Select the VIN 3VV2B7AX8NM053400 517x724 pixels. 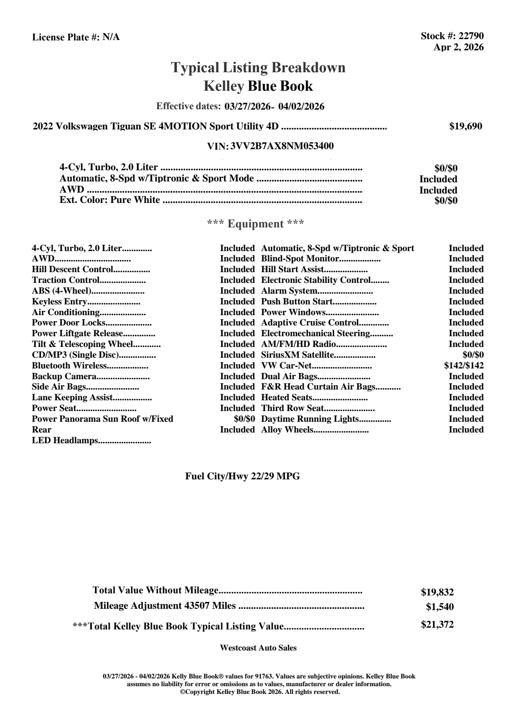282,146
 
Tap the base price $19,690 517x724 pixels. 465,126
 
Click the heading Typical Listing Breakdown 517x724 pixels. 258,67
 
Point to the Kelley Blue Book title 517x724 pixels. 258,86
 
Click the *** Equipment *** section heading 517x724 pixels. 256,224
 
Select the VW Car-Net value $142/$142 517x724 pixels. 464,366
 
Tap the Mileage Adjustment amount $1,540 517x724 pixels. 440,607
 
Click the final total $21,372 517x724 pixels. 437,625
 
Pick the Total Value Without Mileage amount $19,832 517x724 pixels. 437,592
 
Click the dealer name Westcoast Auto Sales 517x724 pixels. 258,648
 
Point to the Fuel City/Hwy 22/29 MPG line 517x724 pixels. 242,476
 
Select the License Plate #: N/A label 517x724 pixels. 76,37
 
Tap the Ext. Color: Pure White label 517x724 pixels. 110,200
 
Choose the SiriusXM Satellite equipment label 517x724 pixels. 298,355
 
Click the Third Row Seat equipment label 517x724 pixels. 293,408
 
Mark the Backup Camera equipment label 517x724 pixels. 65,377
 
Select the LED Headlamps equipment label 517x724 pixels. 65,441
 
